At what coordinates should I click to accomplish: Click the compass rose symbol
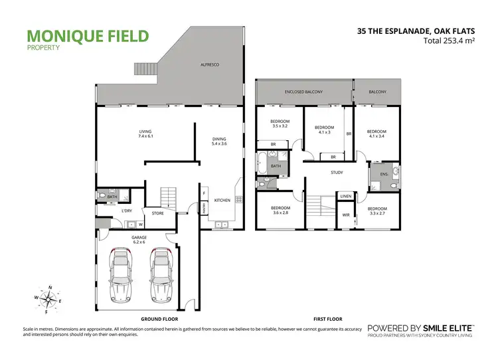(x=48, y=298)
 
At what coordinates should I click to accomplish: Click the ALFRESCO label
(x=210, y=64)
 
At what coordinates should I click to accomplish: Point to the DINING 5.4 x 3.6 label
(x=219, y=141)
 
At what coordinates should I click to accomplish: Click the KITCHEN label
(x=221, y=200)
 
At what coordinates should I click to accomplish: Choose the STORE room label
(x=158, y=213)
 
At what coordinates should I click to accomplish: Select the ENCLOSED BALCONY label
(x=303, y=91)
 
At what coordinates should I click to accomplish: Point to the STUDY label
(x=337, y=173)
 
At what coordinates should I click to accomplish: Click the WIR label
(x=346, y=215)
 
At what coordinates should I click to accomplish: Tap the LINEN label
(x=346, y=197)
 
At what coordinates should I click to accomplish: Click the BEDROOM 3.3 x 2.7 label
(x=378, y=211)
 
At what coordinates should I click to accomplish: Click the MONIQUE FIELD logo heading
(x=88, y=36)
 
